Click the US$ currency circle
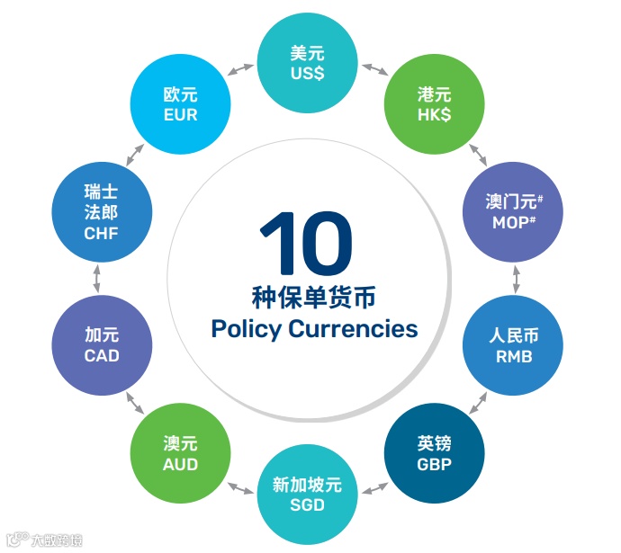(307, 64)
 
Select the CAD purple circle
(102, 345)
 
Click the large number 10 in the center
(306, 243)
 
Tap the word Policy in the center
(246, 329)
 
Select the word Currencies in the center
(353, 329)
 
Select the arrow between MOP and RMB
(516, 278)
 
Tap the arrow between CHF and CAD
(97, 278)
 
